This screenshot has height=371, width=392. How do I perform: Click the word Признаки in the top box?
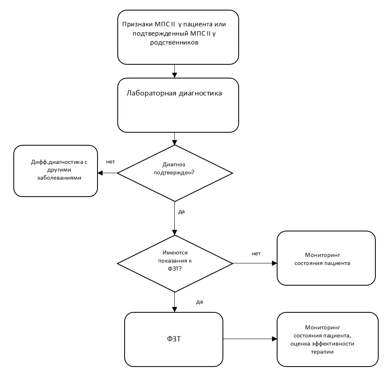click(137, 25)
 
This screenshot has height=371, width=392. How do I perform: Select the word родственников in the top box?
click(174, 42)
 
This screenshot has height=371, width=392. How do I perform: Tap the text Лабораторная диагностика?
click(174, 93)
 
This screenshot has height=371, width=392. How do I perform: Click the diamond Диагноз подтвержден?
click(175, 173)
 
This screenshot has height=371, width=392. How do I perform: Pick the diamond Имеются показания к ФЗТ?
click(175, 263)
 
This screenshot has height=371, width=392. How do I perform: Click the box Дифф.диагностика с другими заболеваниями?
click(55, 171)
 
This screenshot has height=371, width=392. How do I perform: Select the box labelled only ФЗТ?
click(174, 339)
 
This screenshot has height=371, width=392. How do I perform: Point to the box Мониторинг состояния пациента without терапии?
click(326, 258)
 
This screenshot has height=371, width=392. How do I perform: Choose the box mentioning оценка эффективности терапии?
click(328, 339)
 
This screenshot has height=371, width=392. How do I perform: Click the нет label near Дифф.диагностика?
click(110, 162)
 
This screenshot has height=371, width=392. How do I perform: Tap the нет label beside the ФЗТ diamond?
click(256, 254)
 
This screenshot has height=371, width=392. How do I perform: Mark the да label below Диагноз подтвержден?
click(182, 212)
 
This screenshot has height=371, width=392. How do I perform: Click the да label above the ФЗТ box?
click(199, 302)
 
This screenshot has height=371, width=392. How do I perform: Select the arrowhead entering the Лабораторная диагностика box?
click(174, 75)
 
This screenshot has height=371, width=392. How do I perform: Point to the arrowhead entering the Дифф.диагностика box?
click(100, 173)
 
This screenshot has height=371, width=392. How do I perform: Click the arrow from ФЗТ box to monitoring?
click(250, 339)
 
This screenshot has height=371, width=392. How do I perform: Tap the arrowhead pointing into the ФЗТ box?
click(174, 309)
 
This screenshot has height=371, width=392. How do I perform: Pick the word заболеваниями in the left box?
click(59, 178)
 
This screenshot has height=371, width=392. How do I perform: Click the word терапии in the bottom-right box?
click(322, 352)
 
